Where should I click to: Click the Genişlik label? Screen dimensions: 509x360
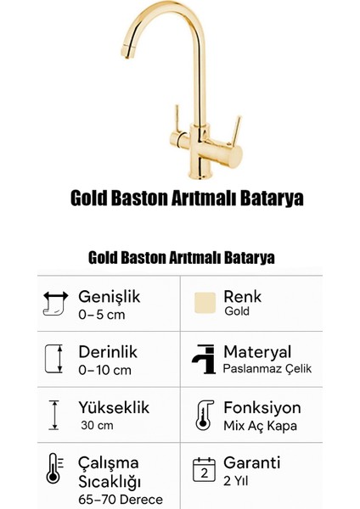(x=109, y=296)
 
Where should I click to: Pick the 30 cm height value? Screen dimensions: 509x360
(x=97, y=425)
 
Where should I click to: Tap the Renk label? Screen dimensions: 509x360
(x=243, y=296)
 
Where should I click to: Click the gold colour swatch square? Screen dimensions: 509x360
(x=204, y=304)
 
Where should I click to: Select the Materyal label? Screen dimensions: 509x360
(x=257, y=350)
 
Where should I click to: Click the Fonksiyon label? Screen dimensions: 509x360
(x=262, y=408)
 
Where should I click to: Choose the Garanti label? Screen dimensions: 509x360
(x=252, y=464)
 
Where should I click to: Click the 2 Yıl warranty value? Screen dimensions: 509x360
(x=237, y=480)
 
